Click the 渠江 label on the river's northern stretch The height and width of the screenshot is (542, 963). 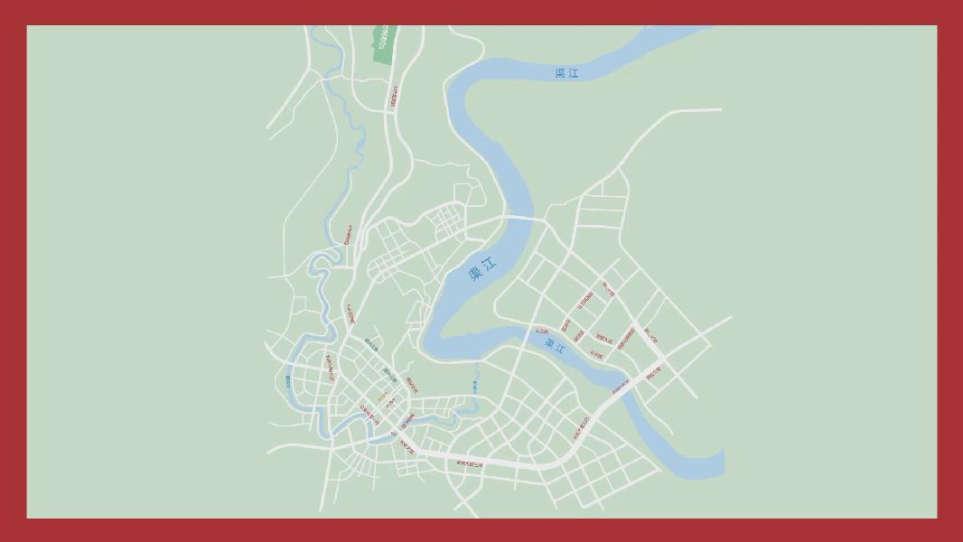click(x=566, y=73)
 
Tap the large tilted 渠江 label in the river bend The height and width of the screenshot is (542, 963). click(x=482, y=270)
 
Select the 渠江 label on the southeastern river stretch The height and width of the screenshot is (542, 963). click(x=555, y=344)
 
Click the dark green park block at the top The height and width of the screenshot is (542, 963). click(x=384, y=43)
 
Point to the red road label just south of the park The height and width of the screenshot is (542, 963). click(x=394, y=97)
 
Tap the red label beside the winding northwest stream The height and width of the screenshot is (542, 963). click(x=346, y=235)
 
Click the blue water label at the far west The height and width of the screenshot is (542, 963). click(x=288, y=381)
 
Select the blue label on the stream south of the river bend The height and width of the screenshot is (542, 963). click(x=473, y=386)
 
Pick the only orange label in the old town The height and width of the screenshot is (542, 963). click(x=381, y=397)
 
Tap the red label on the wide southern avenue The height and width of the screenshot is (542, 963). click(x=470, y=463)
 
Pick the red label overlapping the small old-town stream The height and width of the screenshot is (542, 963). click(x=407, y=420)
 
